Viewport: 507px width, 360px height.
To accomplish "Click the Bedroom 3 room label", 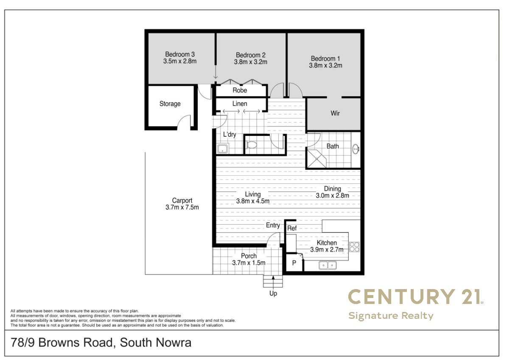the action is click(180, 54).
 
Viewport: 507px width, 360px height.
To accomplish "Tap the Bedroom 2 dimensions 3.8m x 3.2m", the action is click(251, 62).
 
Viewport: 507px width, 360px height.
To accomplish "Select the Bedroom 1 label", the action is click(325, 59).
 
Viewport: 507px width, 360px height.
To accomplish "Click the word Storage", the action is click(170, 104).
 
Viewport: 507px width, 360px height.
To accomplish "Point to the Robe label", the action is click(240, 90).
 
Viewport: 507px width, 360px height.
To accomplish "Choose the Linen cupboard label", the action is click(240, 104).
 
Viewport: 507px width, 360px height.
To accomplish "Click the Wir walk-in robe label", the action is click(335, 113).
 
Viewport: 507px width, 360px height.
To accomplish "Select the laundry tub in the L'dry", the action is click(222, 149).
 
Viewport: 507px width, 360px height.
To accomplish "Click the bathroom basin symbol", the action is click(356, 149).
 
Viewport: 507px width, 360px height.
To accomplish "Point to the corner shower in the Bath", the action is click(317, 158).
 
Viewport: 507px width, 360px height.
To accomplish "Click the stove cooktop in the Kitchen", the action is click(354, 247).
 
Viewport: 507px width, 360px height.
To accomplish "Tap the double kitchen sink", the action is click(328, 266).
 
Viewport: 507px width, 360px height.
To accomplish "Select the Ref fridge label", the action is click(292, 228).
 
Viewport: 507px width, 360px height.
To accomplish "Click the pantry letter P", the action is click(294, 263).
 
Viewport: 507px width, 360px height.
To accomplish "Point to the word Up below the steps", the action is click(273, 294).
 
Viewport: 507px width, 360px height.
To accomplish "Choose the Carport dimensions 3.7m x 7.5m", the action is click(182, 207).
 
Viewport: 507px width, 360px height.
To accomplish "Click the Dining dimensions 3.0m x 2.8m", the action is click(332, 196).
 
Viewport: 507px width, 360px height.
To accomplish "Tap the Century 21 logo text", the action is click(415, 297).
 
